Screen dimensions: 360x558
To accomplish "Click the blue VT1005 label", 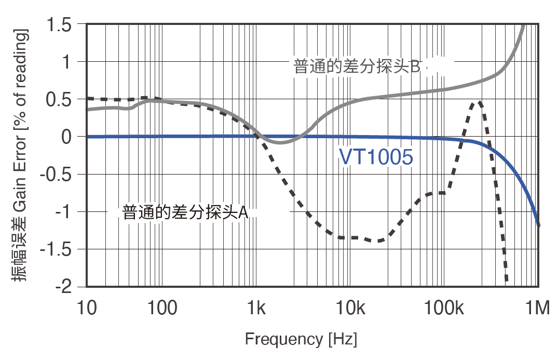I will [376, 157].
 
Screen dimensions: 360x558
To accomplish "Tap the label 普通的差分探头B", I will [357, 66].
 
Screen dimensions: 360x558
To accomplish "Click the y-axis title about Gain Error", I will [20, 156].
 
